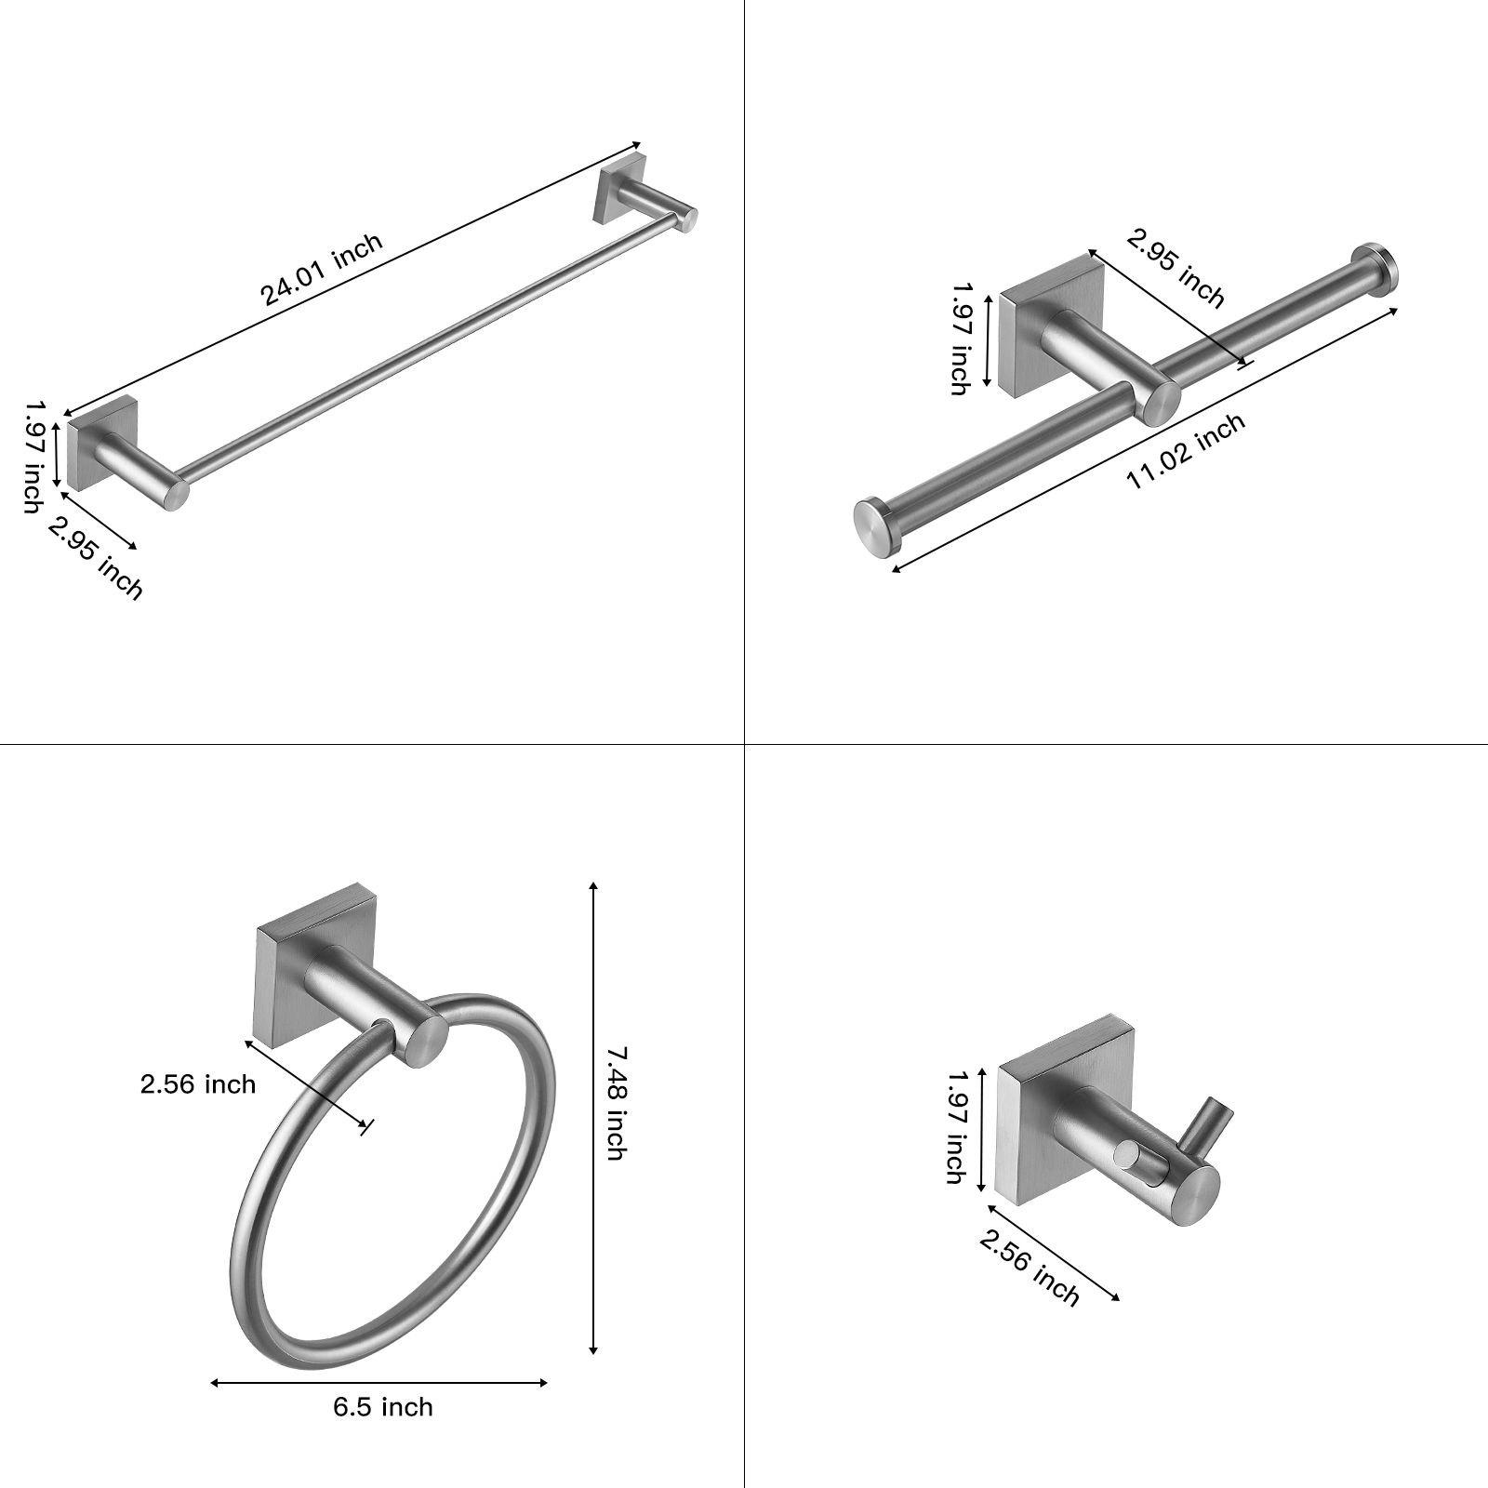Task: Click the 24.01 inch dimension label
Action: tap(321, 270)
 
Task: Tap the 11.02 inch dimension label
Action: tap(1186, 452)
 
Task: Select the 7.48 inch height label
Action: tap(616, 1103)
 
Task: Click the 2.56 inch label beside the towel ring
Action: tap(197, 1083)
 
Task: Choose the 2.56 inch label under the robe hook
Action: tap(1030, 1265)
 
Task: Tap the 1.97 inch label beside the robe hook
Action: tap(955, 1126)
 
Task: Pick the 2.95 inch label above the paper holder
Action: tap(1176, 267)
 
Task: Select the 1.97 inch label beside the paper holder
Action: tap(960, 339)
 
